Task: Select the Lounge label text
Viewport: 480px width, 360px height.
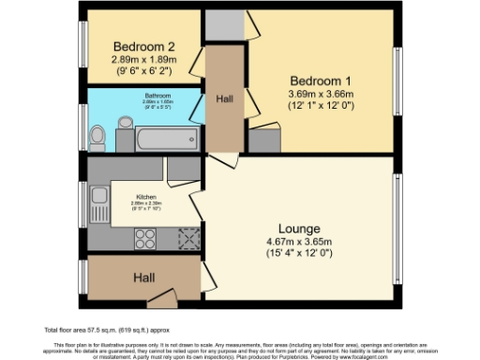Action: pos(300,229)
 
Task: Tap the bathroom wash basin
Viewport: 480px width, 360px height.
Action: pos(127,122)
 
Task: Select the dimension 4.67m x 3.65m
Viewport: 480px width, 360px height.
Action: pos(300,243)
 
